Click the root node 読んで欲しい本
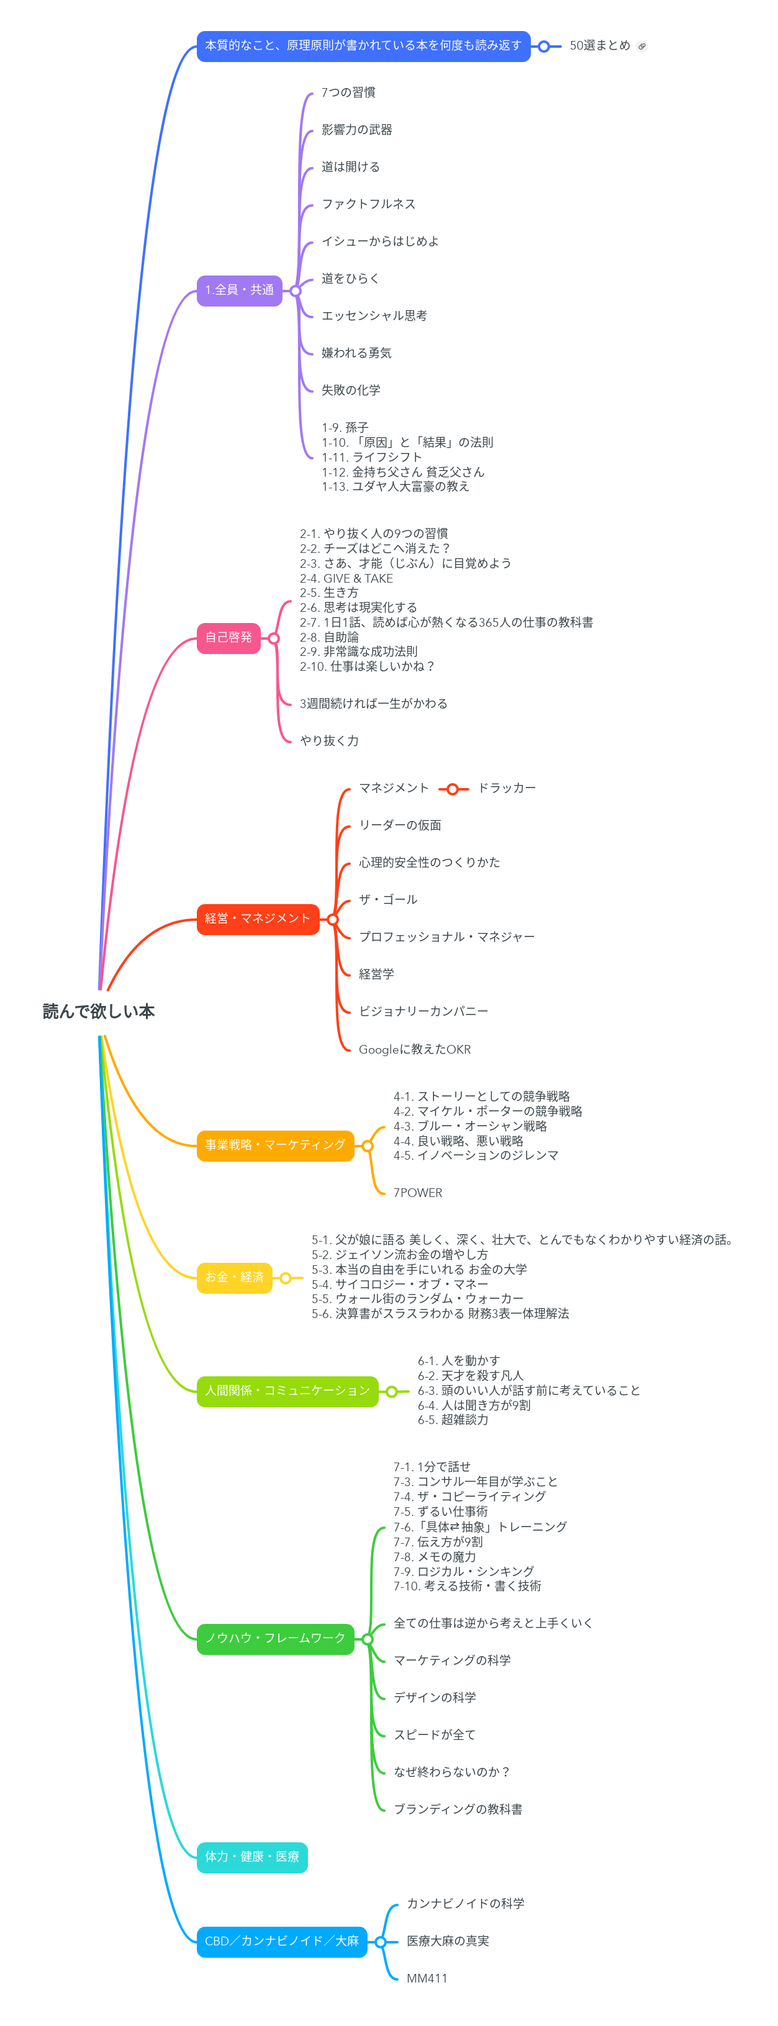pos(98,1011)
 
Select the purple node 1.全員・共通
pos(239,290)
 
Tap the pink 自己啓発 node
pos(228,638)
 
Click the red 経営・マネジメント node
pos(257,918)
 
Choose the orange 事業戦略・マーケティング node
pos(274,1145)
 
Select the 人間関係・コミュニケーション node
pos(287,1391)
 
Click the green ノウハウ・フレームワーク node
pos(274,1639)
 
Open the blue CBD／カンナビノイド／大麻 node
pos(282,1942)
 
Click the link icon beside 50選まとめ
pos(642,47)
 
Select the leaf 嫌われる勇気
pos(356,353)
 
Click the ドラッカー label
pos(507,788)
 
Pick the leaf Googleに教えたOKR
pos(415,1050)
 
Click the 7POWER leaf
pos(418,1193)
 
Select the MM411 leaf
pos(427,1979)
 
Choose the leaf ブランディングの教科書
pos(458,1809)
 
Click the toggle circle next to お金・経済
pos(286,1278)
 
